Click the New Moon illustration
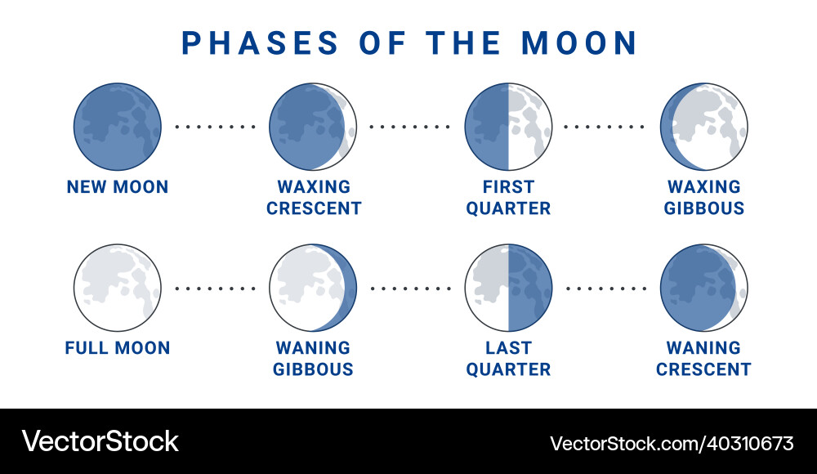click(117, 127)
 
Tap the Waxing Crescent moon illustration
click(313, 127)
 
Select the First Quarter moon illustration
click(508, 127)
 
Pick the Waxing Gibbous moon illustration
click(704, 127)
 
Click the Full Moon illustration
click(117, 288)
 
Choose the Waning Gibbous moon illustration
click(313, 288)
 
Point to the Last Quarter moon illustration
click(508, 288)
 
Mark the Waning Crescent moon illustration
click(704, 288)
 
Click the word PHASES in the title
click(260, 42)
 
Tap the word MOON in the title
click(579, 42)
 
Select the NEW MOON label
click(118, 186)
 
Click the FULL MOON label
click(118, 348)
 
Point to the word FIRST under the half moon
click(508, 186)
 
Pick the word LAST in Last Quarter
click(508, 348)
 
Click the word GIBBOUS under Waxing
click(704, 208)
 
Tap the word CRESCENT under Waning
click(704, 369)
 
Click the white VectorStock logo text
click(100, 441)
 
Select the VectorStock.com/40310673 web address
click(672, 444)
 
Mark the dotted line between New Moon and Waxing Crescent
click(215, 127)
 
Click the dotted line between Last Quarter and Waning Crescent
click(606, 288)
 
